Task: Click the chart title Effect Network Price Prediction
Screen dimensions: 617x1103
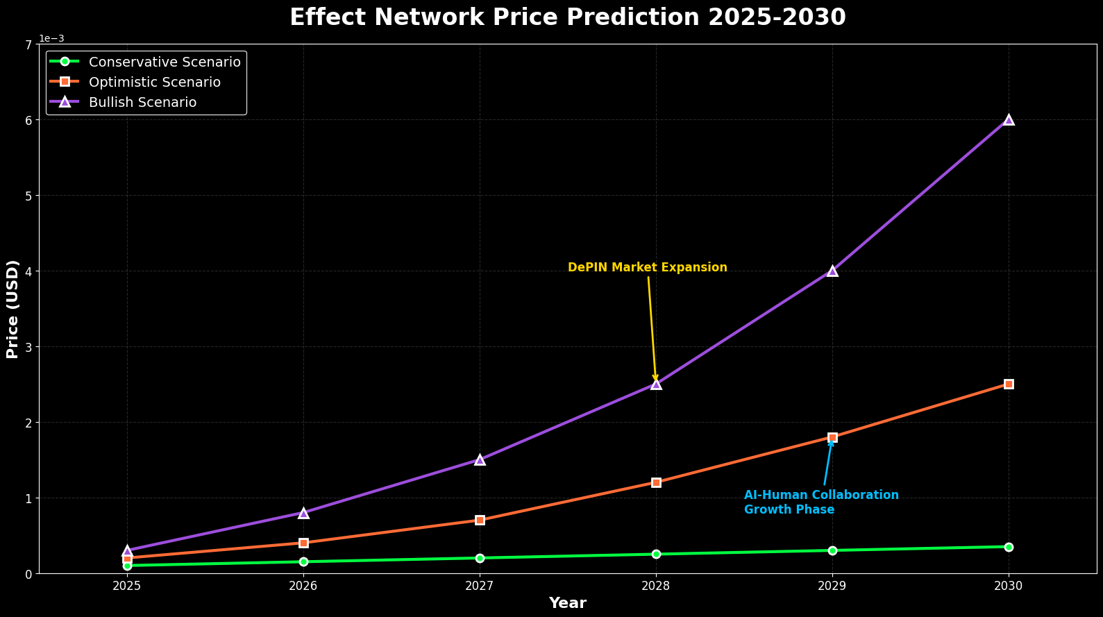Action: [x=567, y=17]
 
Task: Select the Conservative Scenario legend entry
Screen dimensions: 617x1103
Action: [x=165, y=62]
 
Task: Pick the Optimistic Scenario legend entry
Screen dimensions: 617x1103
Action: [x=155, y=82]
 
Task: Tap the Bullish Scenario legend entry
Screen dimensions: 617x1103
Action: [x=142, y=102]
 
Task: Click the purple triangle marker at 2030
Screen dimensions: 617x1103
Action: [x=1009, y=119]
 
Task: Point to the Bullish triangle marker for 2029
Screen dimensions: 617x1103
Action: [x=832, y=271]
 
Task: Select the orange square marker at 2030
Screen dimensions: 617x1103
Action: [x=1009, y=384]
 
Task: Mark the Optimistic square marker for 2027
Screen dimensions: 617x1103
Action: [x=480, y=520]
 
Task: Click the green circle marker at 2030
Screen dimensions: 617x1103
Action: [x=1009, y=547]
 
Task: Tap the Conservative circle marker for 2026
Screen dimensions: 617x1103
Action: [x=303, y=561]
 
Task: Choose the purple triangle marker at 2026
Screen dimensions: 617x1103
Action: [x=303, y=513]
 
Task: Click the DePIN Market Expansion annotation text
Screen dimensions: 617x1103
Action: [x=647, y=268]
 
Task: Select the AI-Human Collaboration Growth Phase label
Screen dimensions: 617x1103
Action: [x=820, y=502]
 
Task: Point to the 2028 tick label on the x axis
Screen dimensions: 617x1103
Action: [x=656, y=586]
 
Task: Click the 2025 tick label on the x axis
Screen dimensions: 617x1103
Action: [x=127, y=586]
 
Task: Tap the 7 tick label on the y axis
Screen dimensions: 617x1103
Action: [x=28, y=44]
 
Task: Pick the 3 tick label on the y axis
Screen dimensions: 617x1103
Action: [x=28, y=347]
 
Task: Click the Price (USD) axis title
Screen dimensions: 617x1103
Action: [x=12, y=309]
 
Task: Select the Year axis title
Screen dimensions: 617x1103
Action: [x=567, y=603]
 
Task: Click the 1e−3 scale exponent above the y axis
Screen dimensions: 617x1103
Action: [x=51, y=38]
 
